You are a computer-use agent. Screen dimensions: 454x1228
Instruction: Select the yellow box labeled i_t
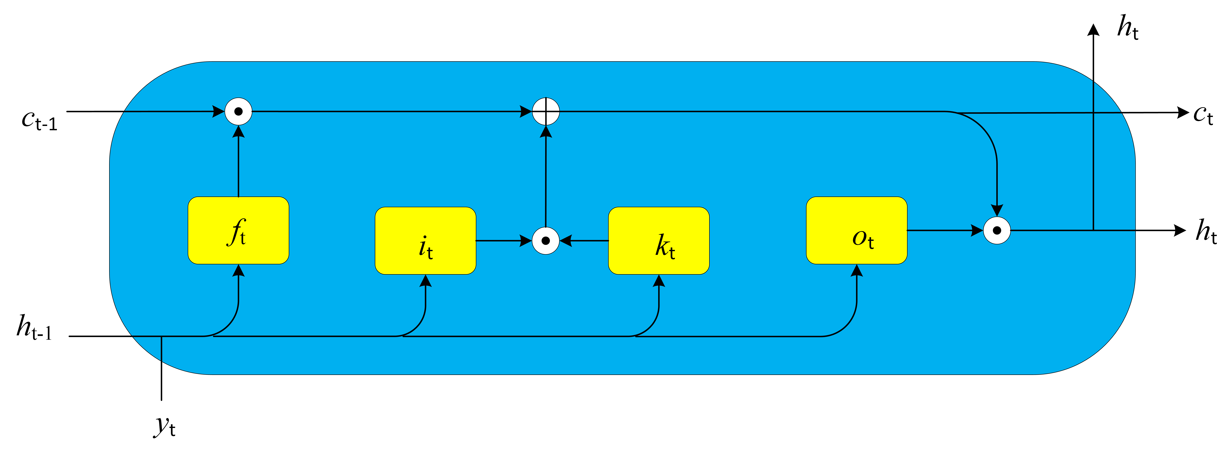tap(425, 241)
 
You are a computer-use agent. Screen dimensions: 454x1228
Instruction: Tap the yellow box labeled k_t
tap(658, 241)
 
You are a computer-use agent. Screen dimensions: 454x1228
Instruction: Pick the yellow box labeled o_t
tap(856, 230)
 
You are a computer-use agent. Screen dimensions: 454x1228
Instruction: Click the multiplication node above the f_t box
tap(238, 112)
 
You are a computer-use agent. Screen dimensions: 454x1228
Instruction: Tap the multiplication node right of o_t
tap(997, 230)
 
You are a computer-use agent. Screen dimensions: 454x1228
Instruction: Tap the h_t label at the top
tap(1128, 28)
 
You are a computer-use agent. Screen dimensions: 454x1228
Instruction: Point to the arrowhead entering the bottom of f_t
tap(238, 271)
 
